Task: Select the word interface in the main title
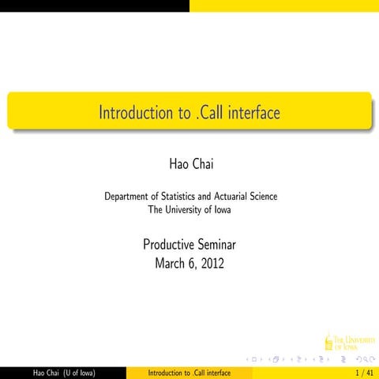click(253, 113)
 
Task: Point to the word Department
click(129, 196)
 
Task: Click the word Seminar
click(216, 244)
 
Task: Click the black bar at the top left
click(95, 6)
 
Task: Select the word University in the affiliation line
click(186, 209)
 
